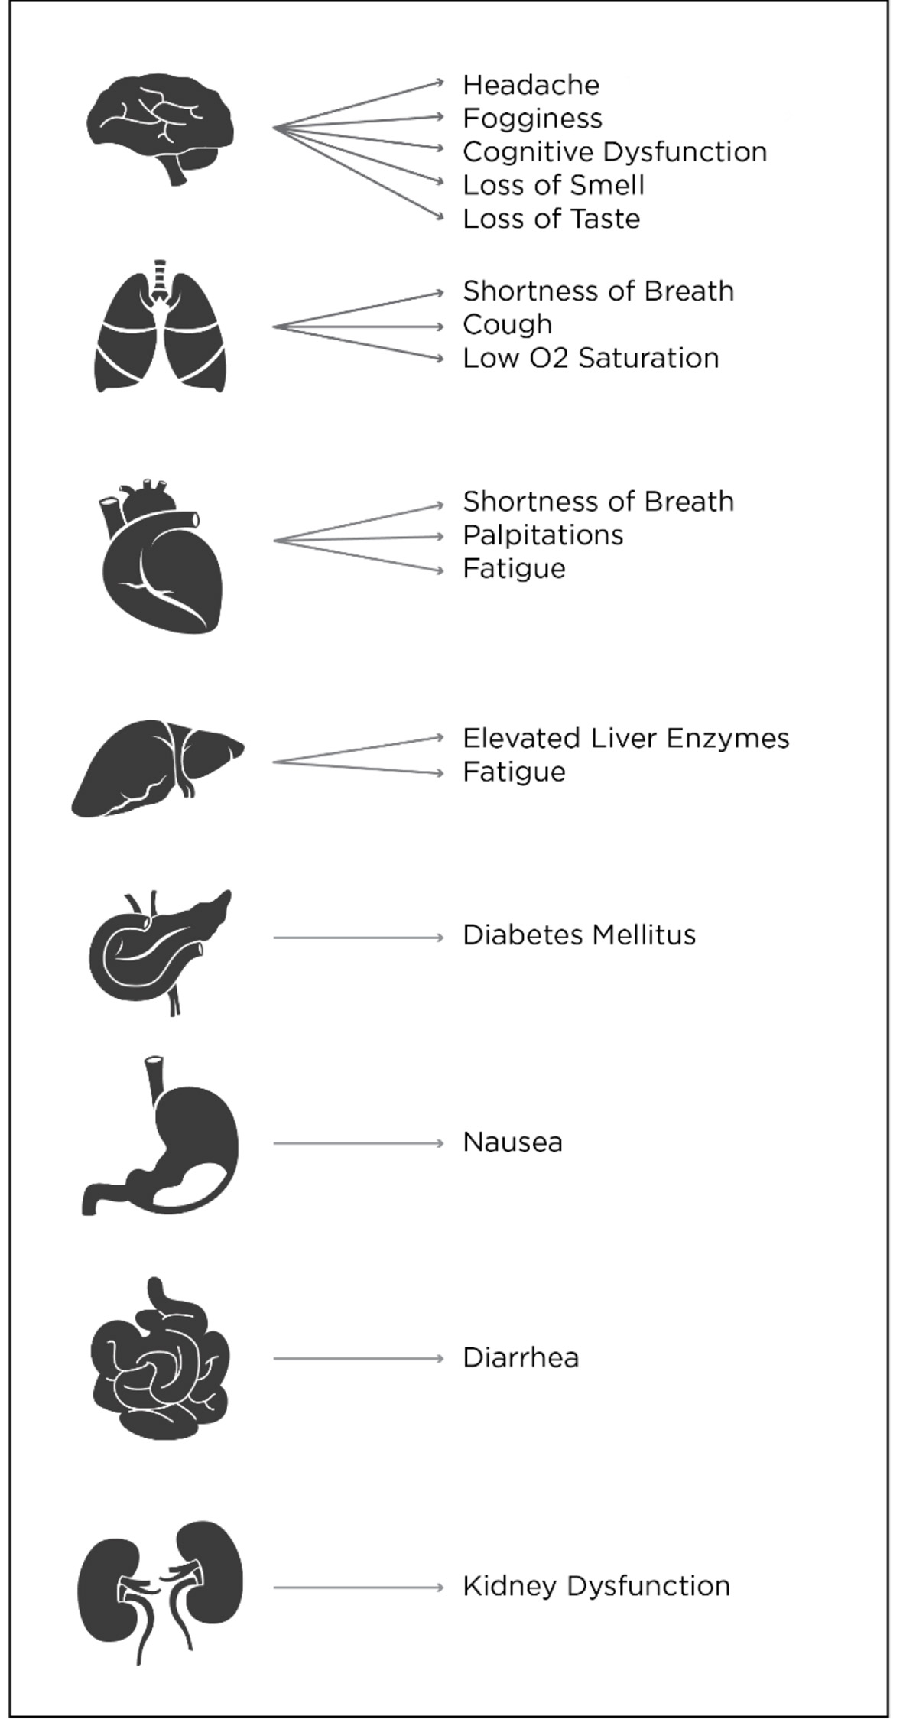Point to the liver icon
coord(158,768)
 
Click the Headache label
coord(531,85)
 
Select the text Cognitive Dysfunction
coord(615,151)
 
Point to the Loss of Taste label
coord(551,219)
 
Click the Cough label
coord(508,325)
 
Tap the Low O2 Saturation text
coord(591,358)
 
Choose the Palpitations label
coord(543,535)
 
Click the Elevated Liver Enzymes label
coord(626,739)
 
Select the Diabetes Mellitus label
coord(580,934)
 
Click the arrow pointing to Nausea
coord(359,1143)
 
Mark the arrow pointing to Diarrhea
coord(359,1359)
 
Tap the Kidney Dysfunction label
coord(596,1587)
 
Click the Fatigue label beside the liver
coord(514,772)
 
